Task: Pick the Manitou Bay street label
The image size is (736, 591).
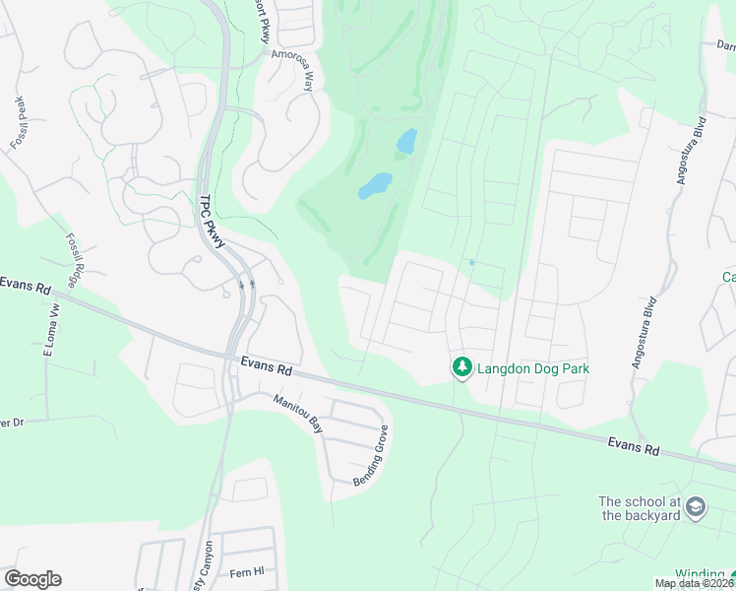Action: (x=298, y=413)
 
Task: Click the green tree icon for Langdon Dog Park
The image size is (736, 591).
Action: (x=461, y=367)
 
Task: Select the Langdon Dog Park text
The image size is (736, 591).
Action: (x=533, y=369)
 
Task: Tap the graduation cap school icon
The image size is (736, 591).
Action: (x=696, y=506)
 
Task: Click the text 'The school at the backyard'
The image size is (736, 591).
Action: (x=640, y=508)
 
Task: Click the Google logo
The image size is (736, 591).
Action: (x=32, y=579)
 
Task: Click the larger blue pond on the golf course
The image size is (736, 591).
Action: (x=375, y=184)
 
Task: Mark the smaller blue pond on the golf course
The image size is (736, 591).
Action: (x=406, y=142)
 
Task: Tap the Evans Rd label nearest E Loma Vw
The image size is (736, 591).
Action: (x=26, y=285)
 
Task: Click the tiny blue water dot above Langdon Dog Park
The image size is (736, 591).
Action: (x=472, y=262)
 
